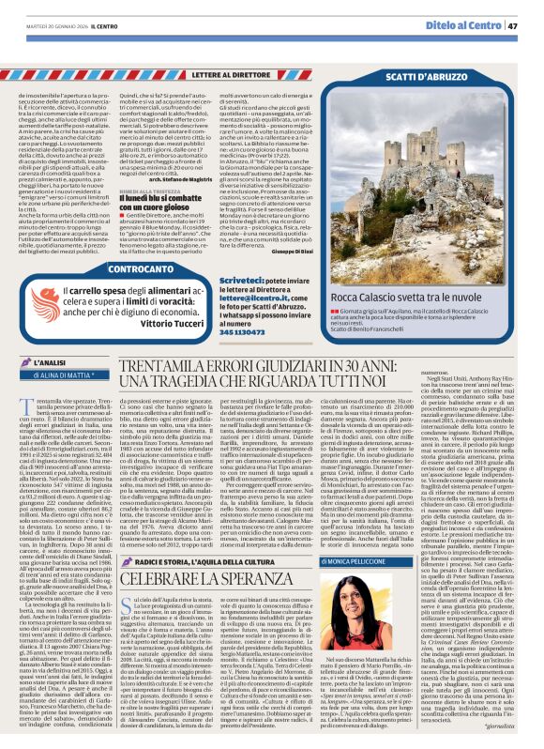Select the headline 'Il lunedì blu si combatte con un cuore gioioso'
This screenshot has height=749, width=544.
195,174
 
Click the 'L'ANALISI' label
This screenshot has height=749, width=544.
40,361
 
